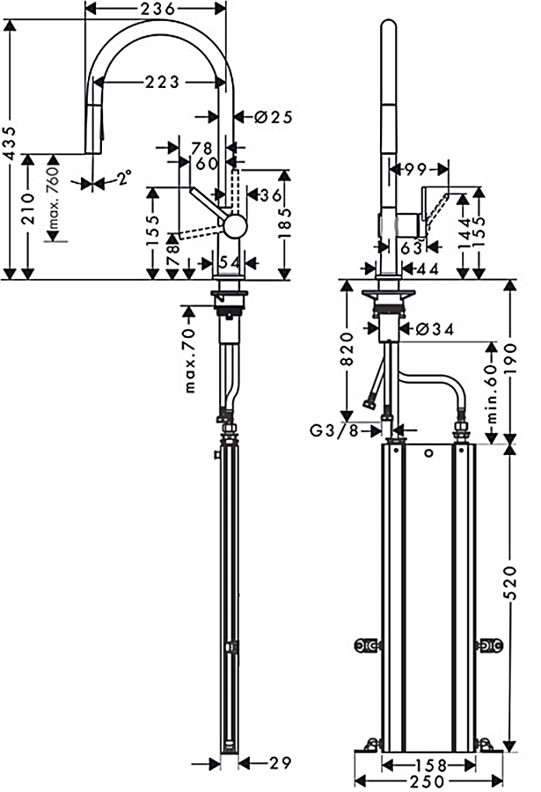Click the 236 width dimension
click(156, 8)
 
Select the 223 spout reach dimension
click(164, 82)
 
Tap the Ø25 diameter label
click(274, 116)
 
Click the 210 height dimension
click(29, 217)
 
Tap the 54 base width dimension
click(229, 261)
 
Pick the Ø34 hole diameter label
click(432, 329)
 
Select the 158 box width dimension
click(428, 764)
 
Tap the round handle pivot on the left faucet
click(235, 227)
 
